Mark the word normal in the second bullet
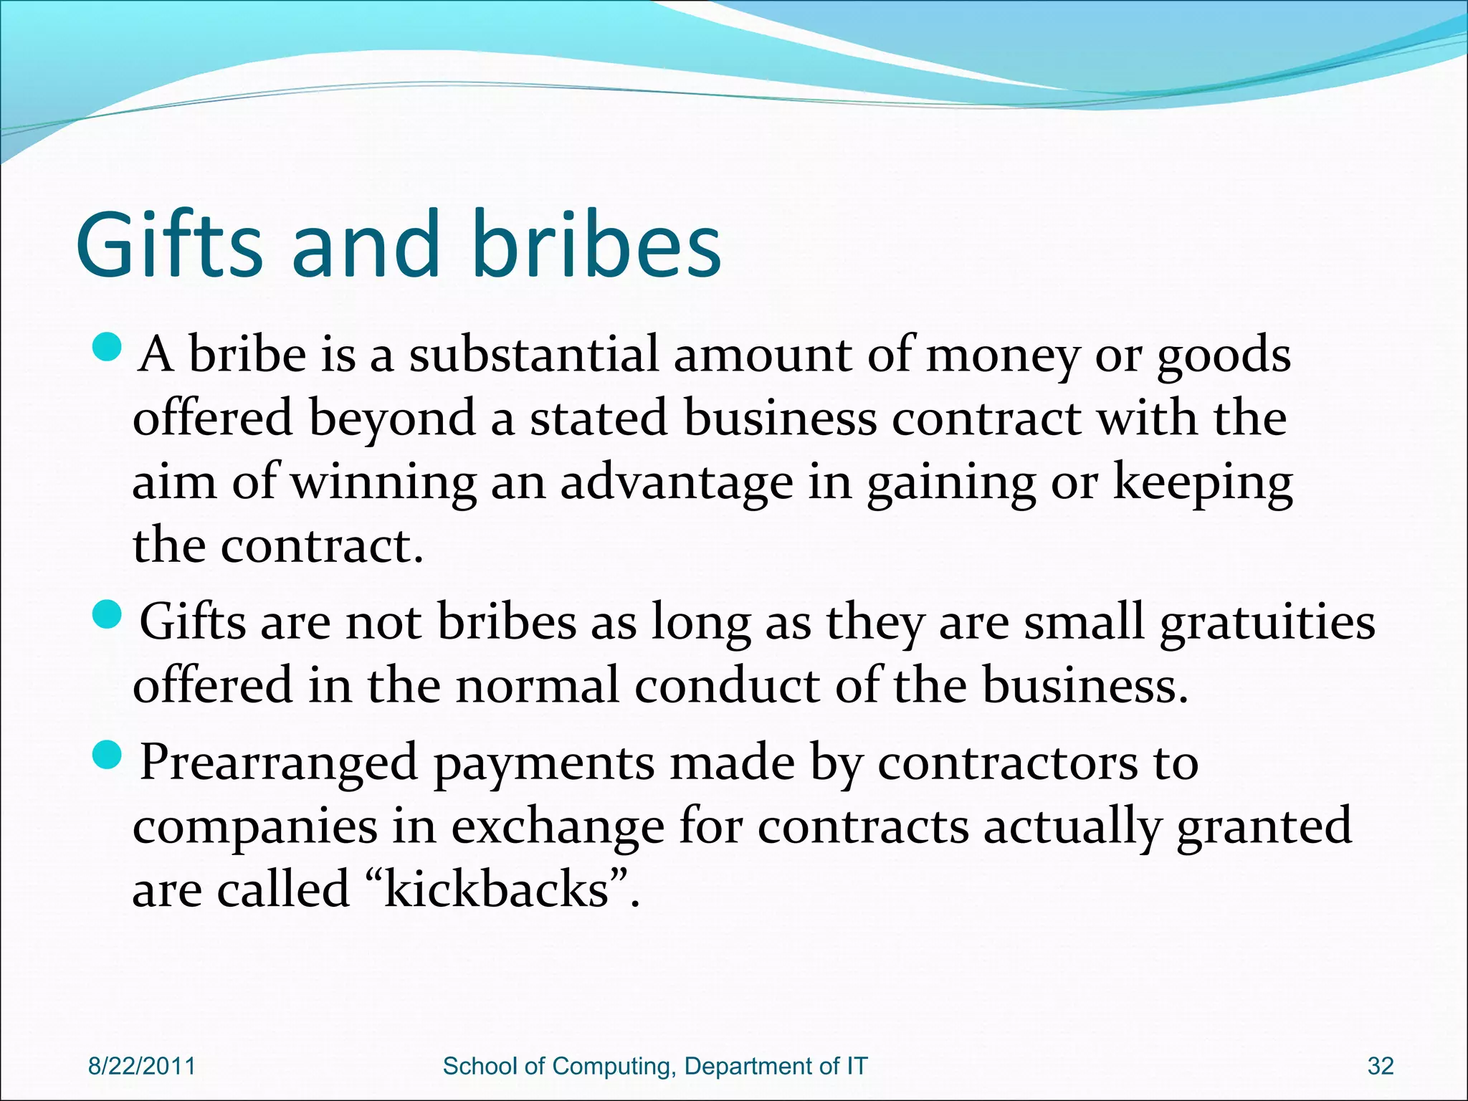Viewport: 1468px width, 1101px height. pos(537,685)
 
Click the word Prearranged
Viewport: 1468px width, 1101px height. pos(278,763)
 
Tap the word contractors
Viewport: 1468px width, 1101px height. pos(1008,762)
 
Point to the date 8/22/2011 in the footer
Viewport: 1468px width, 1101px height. pos(141,1066)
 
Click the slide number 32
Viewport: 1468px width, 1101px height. pos(1381,1066)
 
